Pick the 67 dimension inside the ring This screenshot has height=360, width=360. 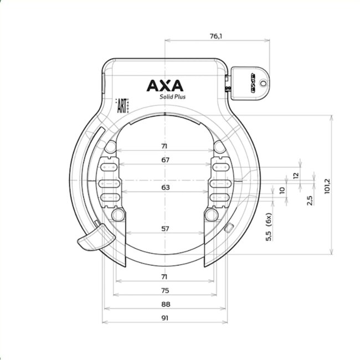pyautogui.click(x=165, y=160)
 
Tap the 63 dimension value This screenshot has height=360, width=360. pyautogui.click(x=165, y=187)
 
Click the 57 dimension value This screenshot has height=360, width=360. pyautogui.click(x=165, y=229)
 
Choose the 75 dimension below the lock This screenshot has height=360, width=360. pyautogui.click(x=165, y=290)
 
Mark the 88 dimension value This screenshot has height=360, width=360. pyautogui.click(x=165, y=304)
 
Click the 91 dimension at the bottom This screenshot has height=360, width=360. pyautogui.click(x=165, y=318)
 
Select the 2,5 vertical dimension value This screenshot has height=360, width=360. pyautogui.click(x=311, y=198)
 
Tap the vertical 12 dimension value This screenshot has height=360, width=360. pyautogui.click(x=296, y=175)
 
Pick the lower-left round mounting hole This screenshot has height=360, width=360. pyautogui.click(x=117, y=215)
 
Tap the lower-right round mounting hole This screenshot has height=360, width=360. pyautogui.click(x=210, y=215)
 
